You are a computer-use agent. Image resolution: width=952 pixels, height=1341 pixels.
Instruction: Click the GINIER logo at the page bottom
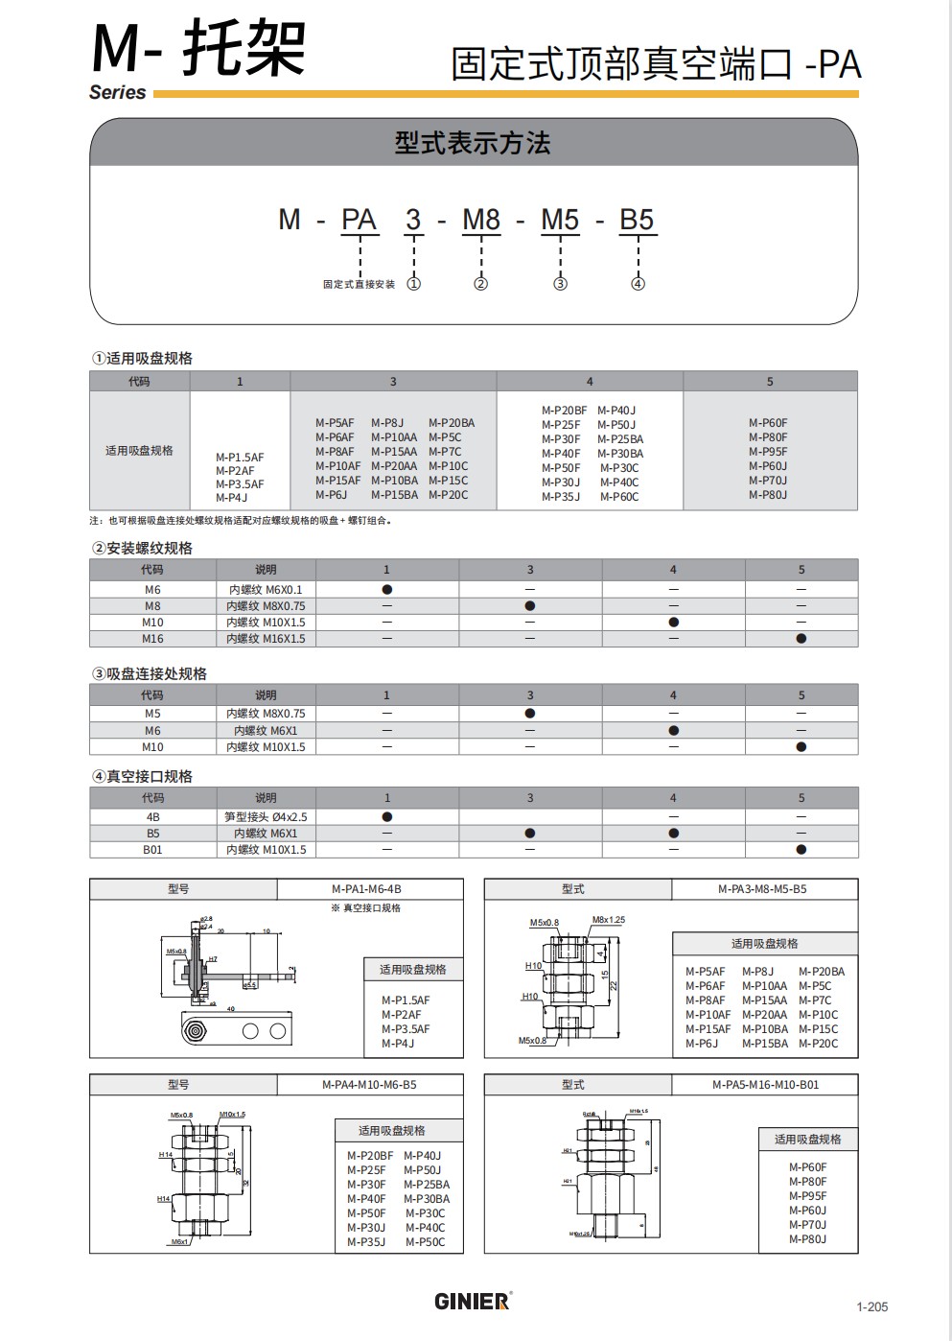tap(473, 1302)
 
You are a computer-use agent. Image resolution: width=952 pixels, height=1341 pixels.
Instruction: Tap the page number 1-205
tap(872, 1306)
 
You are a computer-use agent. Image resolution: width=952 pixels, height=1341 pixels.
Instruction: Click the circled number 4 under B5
tap(639, 284)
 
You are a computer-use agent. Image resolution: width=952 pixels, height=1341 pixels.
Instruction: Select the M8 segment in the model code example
tap(481, 221)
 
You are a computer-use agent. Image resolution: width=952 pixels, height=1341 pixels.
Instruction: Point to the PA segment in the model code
tap(360, 221)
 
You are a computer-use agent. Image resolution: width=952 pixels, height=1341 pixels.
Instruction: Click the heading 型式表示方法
tap(473, 144)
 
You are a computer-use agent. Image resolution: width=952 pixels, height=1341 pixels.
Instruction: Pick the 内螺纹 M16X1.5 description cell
tap(266, 639)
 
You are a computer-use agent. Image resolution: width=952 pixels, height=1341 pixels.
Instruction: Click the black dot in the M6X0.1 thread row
tap(387, 590)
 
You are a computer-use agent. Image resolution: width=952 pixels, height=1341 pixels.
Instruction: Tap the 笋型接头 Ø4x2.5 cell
tap(266, 817)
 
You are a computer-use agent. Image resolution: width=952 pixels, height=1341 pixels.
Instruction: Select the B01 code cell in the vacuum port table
tap(153, 850)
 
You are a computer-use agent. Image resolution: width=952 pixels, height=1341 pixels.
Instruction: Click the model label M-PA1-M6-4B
tap(367, 889)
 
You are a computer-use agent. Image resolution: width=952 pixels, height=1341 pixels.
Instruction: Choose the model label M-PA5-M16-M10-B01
tap(765, 1085)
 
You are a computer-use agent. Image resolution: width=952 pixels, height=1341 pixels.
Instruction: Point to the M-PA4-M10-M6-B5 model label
tap(369, 1085)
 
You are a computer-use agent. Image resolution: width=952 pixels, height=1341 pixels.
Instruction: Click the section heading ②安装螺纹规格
tap(142, 548)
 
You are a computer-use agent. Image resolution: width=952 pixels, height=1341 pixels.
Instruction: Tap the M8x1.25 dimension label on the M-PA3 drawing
tap(608, 920)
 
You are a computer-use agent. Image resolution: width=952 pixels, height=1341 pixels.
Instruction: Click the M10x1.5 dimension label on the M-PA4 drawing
tap(232, 1115)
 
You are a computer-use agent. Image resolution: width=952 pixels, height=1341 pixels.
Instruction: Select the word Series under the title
tap(118, 93)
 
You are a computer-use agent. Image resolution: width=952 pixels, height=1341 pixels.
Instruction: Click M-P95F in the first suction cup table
tap(768, 452)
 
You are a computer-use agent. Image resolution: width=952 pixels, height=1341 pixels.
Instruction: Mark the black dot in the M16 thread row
tap(801, 639)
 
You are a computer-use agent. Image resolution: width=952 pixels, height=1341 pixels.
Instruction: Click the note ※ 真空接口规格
tap(366, 908)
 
